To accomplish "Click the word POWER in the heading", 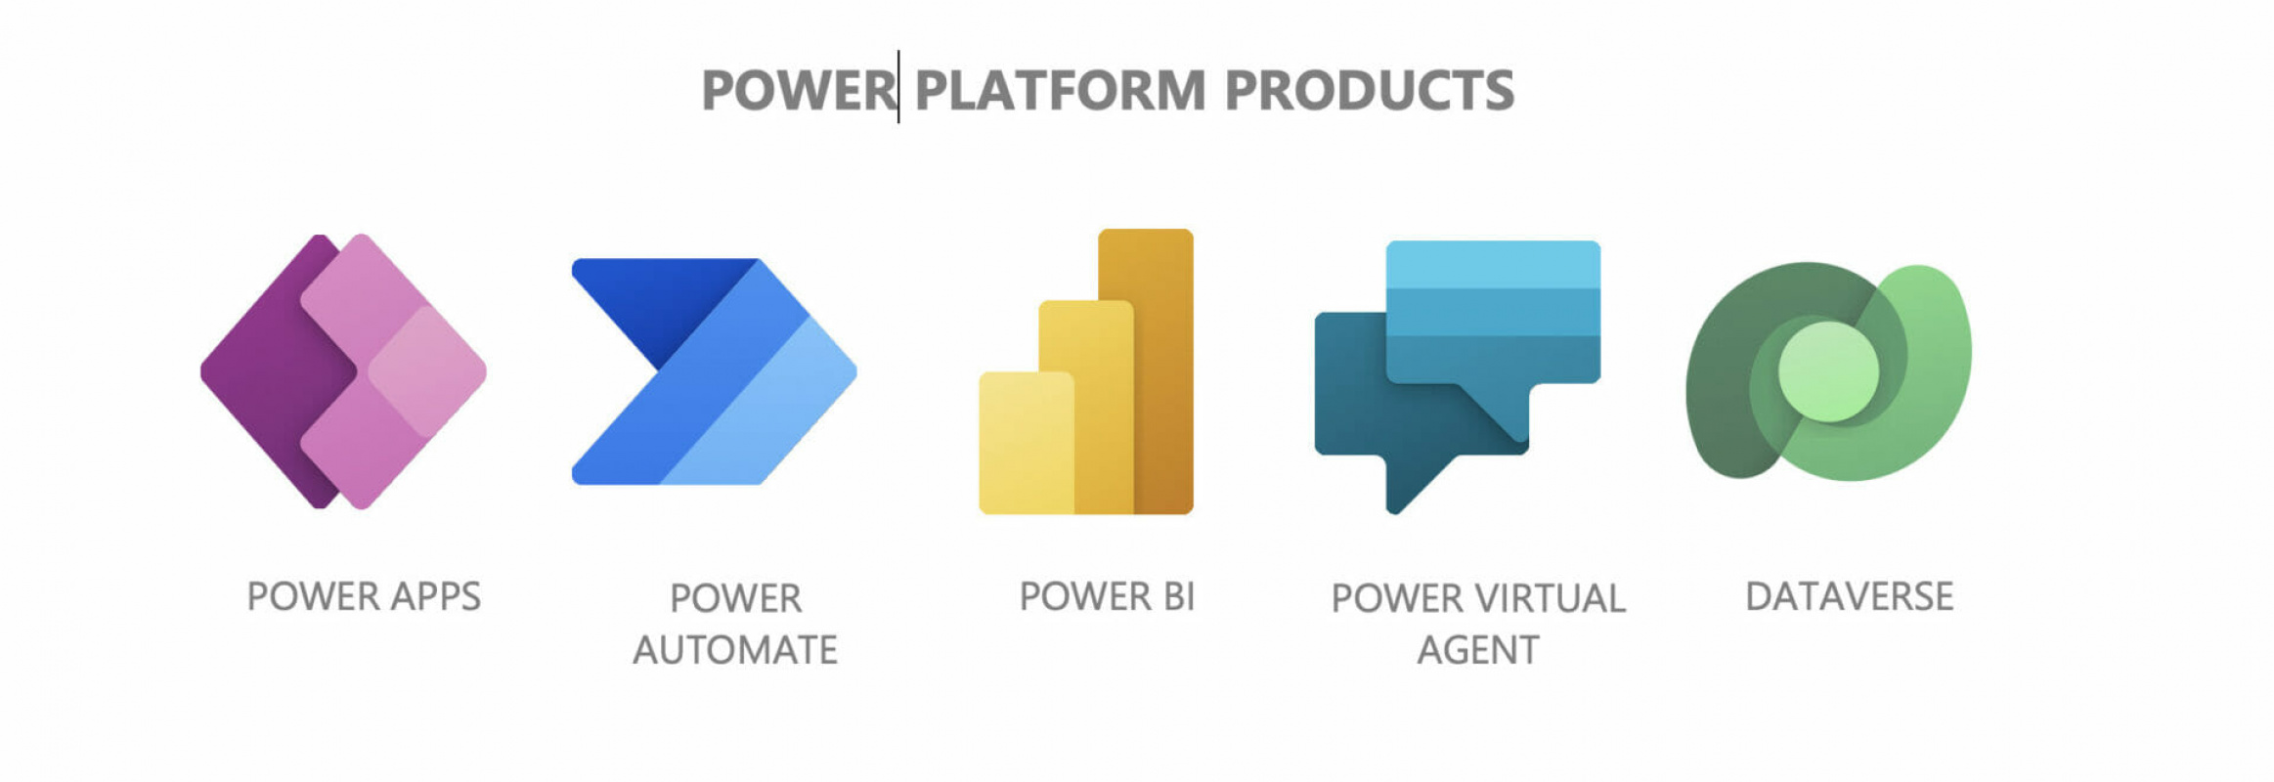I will click(797, 91).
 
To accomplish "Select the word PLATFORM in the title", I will click(1060, 91).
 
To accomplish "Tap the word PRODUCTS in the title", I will click(1369, 91).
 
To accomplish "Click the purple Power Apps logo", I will click(343, 371).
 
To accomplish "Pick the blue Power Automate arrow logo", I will click(714, 371).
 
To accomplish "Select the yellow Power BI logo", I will click(1086, 371).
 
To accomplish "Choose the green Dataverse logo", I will click(1828, 371).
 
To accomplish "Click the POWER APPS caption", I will click(364, 596).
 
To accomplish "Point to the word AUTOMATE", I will click(735, 650).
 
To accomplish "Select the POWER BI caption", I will click(1107, 596).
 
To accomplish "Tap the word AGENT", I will click(1478, 650).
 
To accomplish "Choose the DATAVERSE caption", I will click(1849, 596).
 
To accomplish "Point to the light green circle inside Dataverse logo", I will click(1827, 371).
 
